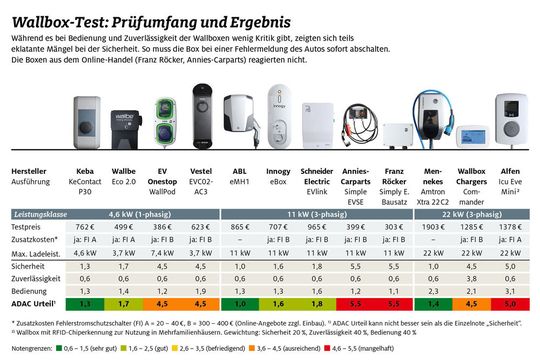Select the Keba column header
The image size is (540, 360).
point(86,170)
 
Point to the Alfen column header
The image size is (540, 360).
point(513,170)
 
